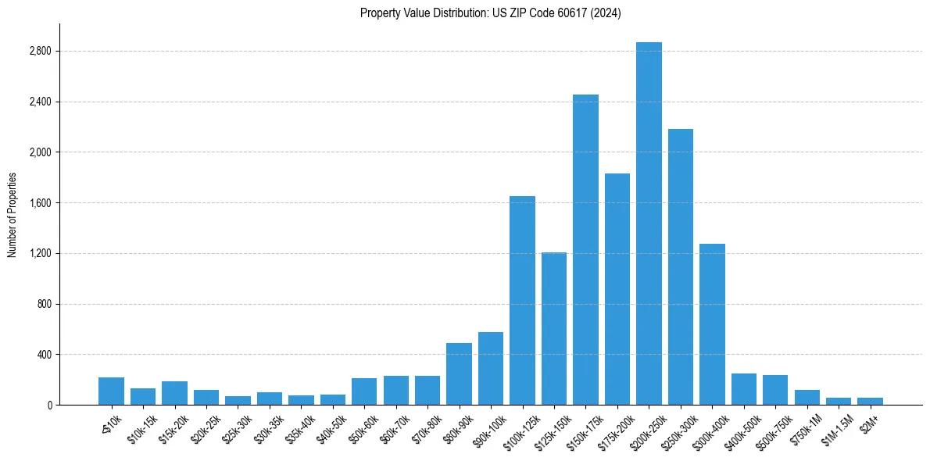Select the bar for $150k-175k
585,250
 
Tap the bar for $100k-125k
522,301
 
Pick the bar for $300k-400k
712,324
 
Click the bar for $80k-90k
459,374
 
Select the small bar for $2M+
870,402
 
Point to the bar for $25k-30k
238,401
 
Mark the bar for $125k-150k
553,329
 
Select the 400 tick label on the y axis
44,355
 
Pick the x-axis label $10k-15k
141,427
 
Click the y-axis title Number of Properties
12,215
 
